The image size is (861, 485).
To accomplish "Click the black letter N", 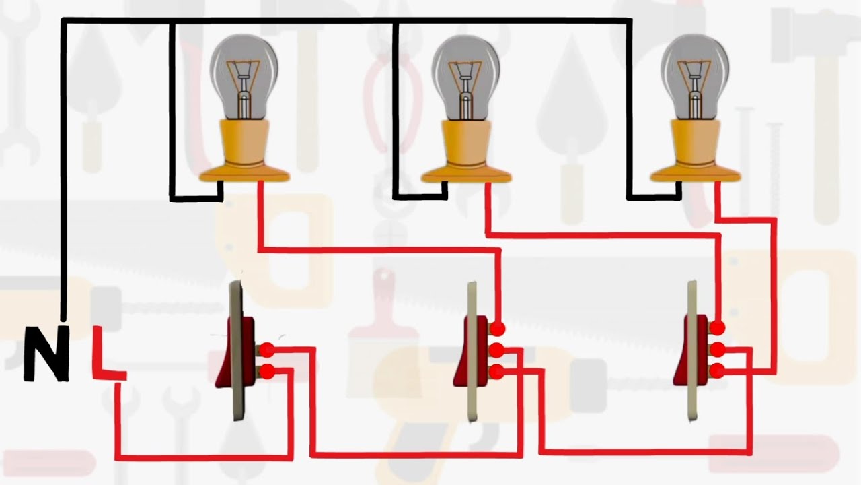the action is [x=46, y=353].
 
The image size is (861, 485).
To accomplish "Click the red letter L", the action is [x=104, y=353].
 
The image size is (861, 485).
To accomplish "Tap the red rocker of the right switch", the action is [x=691, y=351].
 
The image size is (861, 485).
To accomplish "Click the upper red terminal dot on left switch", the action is [x=267, y=350].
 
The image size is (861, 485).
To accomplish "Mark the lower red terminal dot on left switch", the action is [x=267, y=370].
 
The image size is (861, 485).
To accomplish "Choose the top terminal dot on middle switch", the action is [x=497, y=329].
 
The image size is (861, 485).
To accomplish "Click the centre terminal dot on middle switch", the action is [x=497, y=350].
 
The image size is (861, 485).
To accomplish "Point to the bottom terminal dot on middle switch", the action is [x=497, y=370].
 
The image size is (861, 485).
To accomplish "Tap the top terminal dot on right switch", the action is [x=718, y=328].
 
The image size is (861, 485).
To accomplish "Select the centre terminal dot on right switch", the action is [x=718, y=349].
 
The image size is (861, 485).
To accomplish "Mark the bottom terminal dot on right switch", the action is [x=718, y=370].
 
